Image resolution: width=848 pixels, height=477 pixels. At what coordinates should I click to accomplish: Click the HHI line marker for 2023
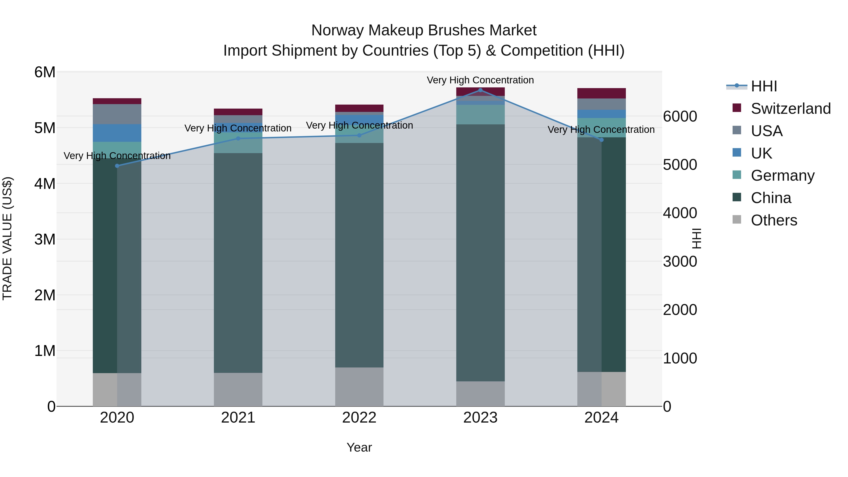[480, 90]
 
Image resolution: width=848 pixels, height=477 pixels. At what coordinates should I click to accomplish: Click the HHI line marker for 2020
[117, 166]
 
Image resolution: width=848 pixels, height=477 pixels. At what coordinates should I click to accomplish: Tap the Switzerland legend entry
[790, 109]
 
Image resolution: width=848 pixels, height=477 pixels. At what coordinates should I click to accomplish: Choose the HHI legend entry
[764, 86]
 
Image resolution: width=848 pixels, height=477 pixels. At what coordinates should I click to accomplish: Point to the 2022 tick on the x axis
[359, 418]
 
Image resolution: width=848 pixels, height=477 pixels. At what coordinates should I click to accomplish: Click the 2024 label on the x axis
[601, 418]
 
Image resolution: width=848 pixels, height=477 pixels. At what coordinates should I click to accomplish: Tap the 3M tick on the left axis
[45, 239]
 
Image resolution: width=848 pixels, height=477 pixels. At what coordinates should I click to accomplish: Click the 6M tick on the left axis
[45, 72]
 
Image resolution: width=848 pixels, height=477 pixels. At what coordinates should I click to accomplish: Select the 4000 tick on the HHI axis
[680, 213]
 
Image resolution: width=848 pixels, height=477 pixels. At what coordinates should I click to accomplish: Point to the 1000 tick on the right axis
[680, 358]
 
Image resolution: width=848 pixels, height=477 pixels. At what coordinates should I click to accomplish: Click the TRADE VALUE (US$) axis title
[8, 239]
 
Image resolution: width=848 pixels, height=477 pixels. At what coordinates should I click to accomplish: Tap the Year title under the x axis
[359, 447]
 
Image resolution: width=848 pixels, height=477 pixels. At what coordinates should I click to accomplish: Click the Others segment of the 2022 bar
[359, 387]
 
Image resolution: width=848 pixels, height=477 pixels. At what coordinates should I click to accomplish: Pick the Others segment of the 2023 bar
[480, 394]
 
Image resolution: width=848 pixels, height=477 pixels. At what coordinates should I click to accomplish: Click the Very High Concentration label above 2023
[480, 80]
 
